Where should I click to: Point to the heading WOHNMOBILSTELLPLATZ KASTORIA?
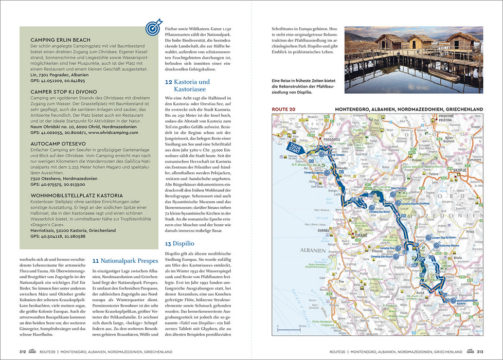point(77,195)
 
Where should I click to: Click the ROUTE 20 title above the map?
point(286,109)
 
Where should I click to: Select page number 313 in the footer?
point(479,352)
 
